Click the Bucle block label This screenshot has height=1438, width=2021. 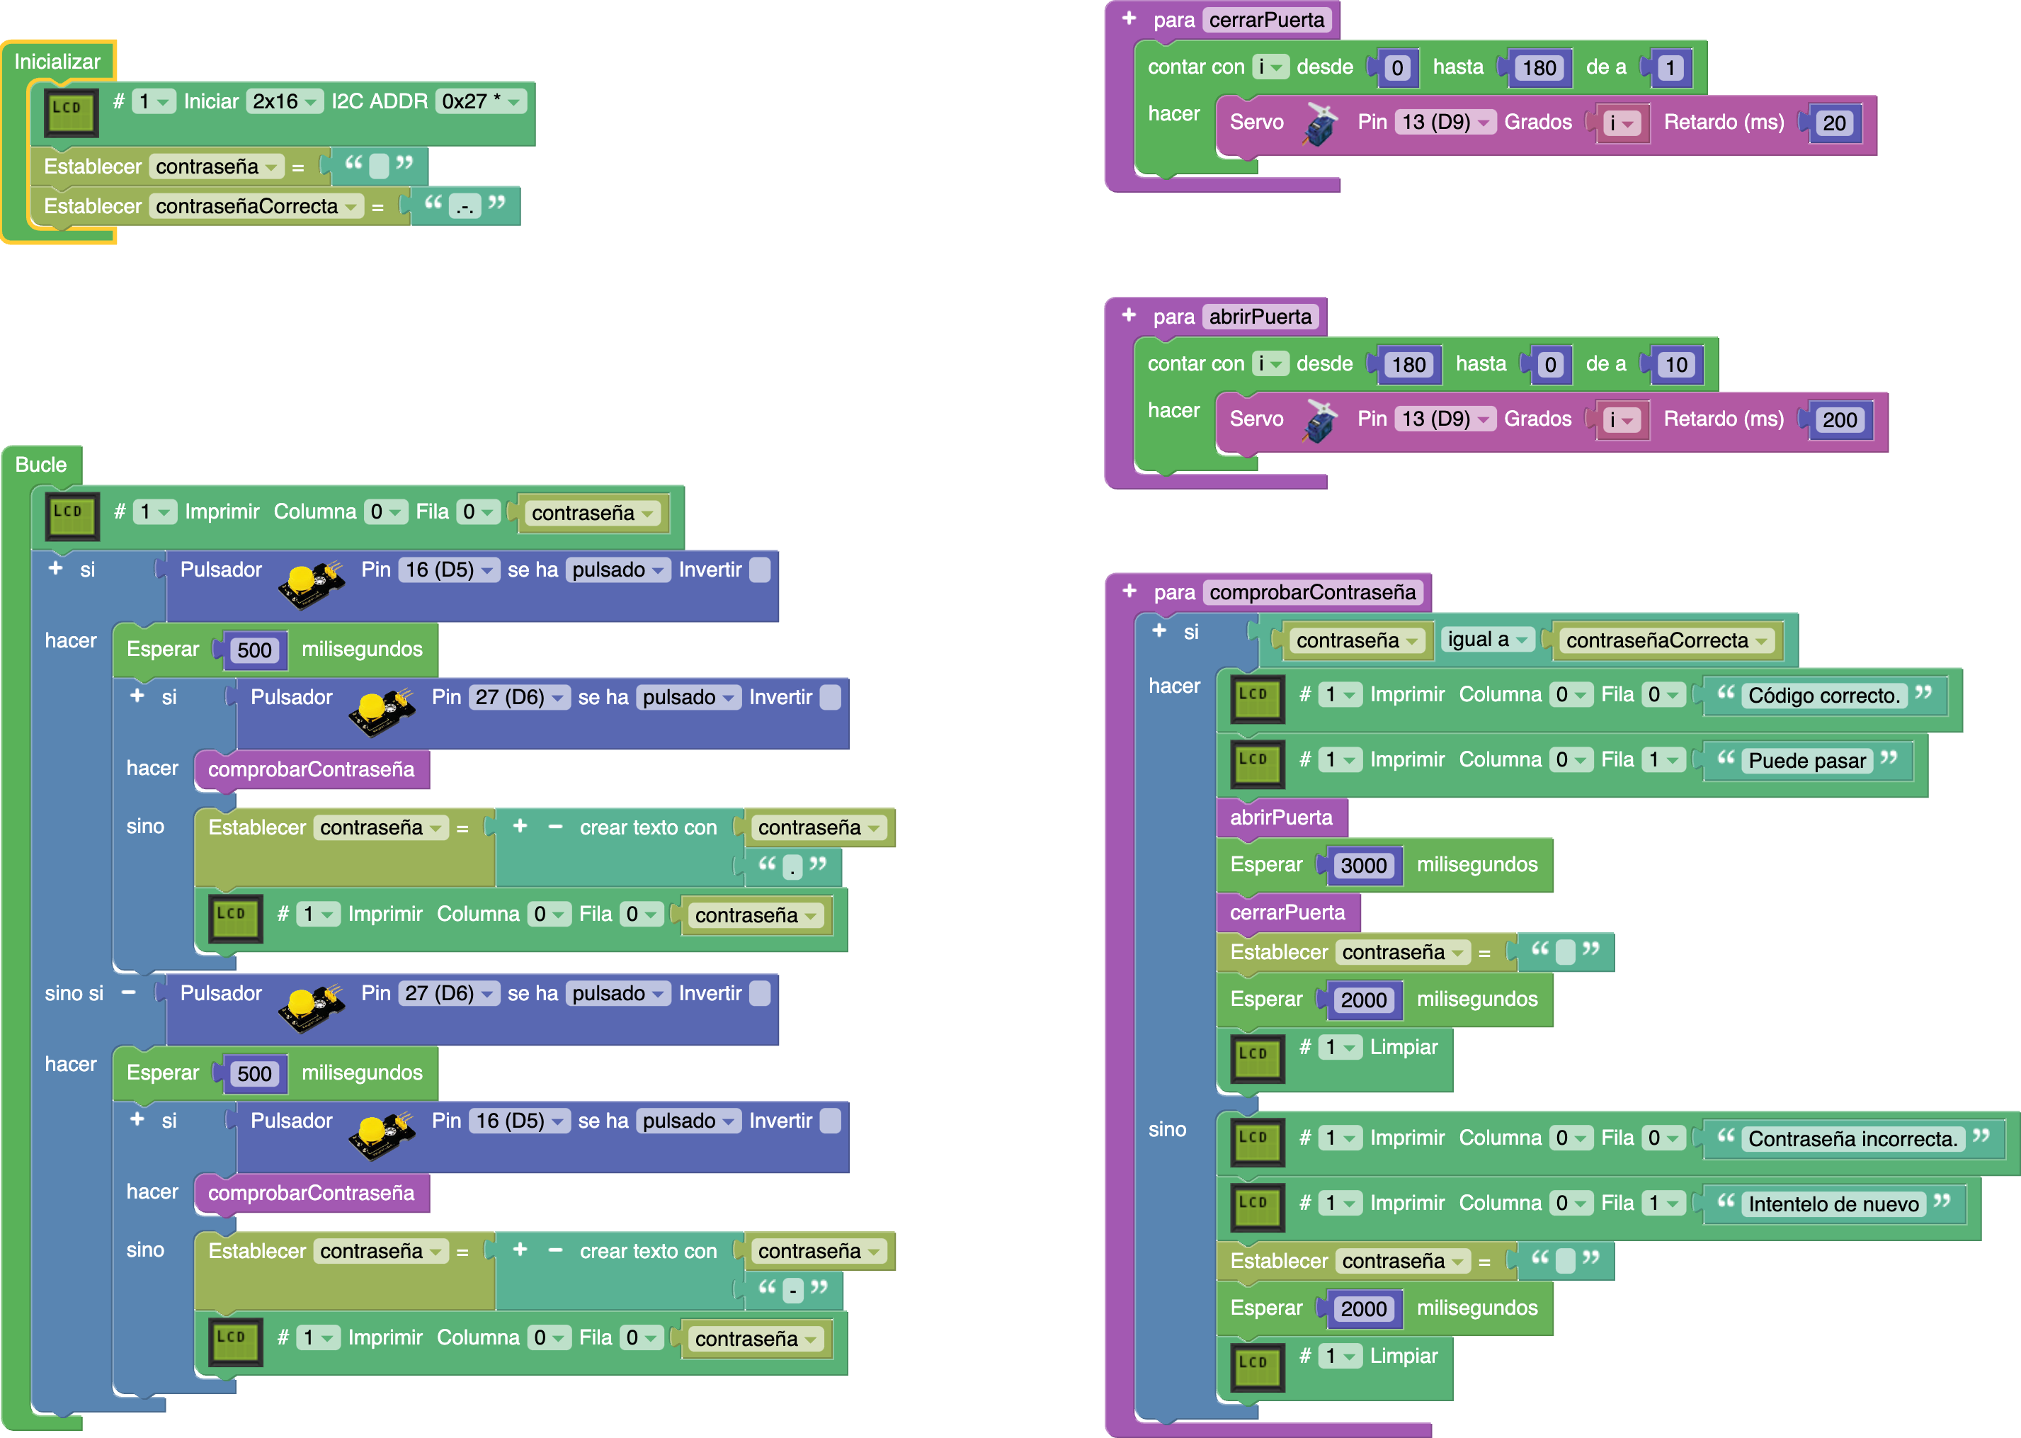tap(41, 465)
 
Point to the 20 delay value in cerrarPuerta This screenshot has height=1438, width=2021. tap(1833, 123)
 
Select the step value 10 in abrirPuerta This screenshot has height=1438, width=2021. tap(1675, 365)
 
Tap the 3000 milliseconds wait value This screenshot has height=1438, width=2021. tap(1362, 865)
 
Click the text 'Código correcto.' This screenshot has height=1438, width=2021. tap(1823, 696)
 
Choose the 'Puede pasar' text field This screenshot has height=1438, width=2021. tap(1806, 761)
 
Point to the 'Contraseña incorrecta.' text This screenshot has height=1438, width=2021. tap(1852, 1139)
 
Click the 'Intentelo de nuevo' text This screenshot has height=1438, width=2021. tap(1833, 1204)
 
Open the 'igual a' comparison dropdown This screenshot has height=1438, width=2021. tap(1487, 639)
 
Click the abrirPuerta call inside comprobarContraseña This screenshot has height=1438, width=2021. tap(1281, 817)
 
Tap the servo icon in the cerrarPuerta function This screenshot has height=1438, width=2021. tap(1320, 123)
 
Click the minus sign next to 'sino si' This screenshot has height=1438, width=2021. tap(128, 992)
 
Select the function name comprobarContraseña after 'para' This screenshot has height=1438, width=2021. tap(1312, 592)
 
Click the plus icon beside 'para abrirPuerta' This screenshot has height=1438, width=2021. tap(1129, 315)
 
